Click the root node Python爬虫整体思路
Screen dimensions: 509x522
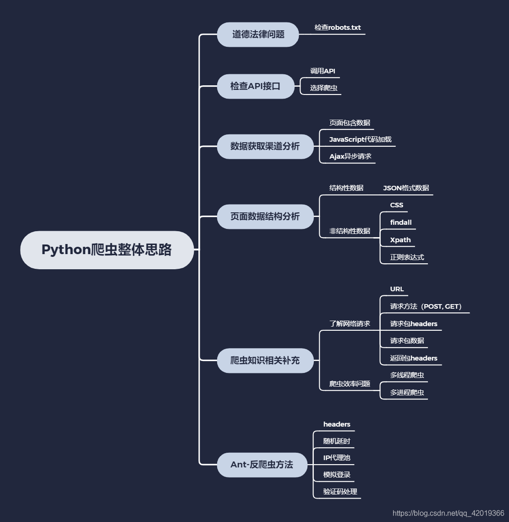(107, 250)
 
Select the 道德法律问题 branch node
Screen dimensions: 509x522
(258, 34)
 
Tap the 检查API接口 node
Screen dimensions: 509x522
(255, 86)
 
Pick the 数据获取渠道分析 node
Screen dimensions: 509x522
(265, 146)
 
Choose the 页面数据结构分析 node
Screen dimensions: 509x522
(265, 217)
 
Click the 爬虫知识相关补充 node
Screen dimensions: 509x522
(265, 361)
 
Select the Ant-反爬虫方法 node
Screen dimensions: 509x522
(262, 465)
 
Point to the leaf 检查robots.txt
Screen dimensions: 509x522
(338, 28)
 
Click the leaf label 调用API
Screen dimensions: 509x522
(323, 71)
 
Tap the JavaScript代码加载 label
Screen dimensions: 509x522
(360, 139)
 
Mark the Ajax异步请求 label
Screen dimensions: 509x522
(350, 156)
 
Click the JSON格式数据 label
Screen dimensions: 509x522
(406, 188)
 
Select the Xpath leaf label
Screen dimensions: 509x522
(400, 240)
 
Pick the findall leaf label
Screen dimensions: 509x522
(401, 222)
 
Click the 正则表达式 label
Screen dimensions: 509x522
(407, 257)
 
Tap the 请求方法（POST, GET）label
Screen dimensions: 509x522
(426, 306)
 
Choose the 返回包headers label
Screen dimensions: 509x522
(414, 358)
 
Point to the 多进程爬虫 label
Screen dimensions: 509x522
(407, 393)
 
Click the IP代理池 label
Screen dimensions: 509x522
(337, 458)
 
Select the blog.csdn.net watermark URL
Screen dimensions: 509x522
(448, 514)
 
